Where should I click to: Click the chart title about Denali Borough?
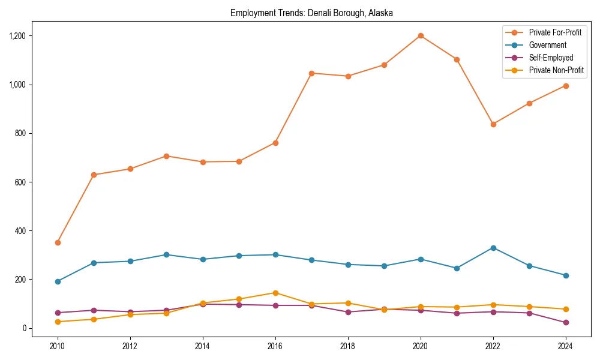pos(311,13)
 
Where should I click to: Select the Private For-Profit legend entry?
pos(555,32)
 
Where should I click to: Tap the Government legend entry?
pos(547,45)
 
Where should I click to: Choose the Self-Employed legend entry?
pos(551,58)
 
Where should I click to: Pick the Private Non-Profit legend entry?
pos(556,70)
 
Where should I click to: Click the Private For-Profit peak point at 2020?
pos(421,35)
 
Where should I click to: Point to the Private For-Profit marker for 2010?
pos(58,242)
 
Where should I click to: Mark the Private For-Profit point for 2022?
pos(493,124)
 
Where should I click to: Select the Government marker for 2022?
pos(493,248)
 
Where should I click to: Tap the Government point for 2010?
pos(58,281)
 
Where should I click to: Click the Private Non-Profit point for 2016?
pos(275,293)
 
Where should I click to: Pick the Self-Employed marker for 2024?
pos(566,323)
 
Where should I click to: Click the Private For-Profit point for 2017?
pos(311,73)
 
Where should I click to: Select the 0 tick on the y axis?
pos(25,328)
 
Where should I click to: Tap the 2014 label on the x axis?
pos(203,346)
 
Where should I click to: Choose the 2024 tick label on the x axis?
pos(566,346)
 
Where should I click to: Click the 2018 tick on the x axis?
pos(348,346)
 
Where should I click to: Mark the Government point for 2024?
pos(566,275)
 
